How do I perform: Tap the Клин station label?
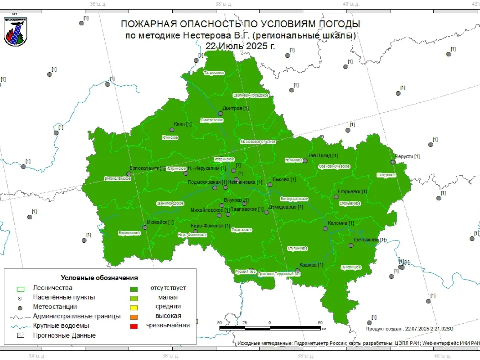(183, 124)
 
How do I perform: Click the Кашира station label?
(311, 265)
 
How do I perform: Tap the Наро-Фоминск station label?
(210, 226)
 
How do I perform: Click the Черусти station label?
(407, 157)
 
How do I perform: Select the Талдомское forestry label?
(214, 73)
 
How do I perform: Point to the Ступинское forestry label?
(298, 248)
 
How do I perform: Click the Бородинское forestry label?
(129, 233)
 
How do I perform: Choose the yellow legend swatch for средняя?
(134, 307)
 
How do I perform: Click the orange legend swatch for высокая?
(134, 316)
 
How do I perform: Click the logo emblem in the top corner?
(15, 31)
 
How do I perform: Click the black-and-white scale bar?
(270, 328)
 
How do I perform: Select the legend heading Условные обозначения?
(99, 277)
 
